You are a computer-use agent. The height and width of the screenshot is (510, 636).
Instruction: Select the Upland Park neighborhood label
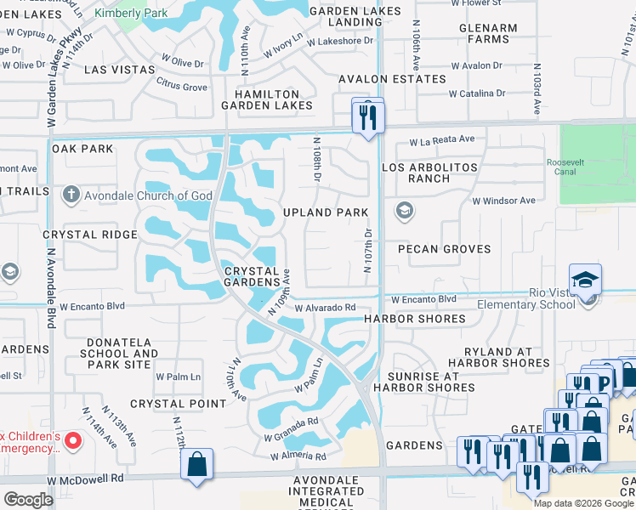pos(326,212)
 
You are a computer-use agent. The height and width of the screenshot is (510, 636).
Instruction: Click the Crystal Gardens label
pos(253,275)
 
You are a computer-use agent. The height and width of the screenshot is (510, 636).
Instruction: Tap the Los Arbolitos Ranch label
pos(429,173)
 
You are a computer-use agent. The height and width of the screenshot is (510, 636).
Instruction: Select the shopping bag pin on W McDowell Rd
pos(196,465)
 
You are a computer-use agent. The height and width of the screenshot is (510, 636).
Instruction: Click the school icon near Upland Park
pos(405,210)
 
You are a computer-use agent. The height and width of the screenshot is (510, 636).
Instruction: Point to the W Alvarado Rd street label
pos(325,309)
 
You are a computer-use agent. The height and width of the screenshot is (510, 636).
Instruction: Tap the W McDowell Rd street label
pos(85,479)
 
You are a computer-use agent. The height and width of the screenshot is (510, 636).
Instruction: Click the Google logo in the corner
pos(27,500)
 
